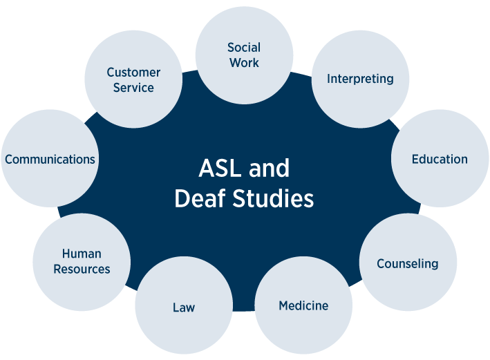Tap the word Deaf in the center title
201,199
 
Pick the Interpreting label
360,79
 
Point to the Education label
440,160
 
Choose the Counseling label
407,264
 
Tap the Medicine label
303,305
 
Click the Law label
184,307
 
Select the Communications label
50,160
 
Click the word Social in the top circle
244,48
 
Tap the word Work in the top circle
244,63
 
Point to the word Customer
133,73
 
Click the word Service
133,88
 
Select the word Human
82,254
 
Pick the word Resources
82,269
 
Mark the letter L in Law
176,307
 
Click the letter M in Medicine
283,305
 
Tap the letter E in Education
415,160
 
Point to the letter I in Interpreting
329,79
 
